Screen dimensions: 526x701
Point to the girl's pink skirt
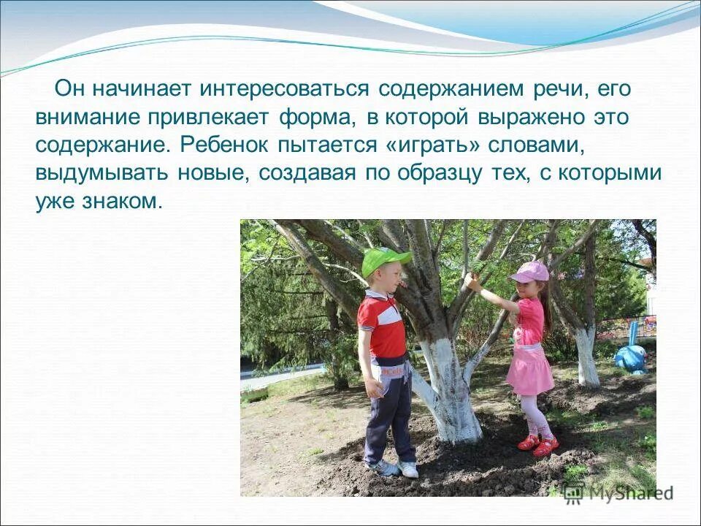pos(529,369)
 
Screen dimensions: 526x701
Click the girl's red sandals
pos(537,444)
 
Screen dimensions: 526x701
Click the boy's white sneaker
pos(408,470)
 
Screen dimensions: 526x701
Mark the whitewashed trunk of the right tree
pos(586,357)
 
